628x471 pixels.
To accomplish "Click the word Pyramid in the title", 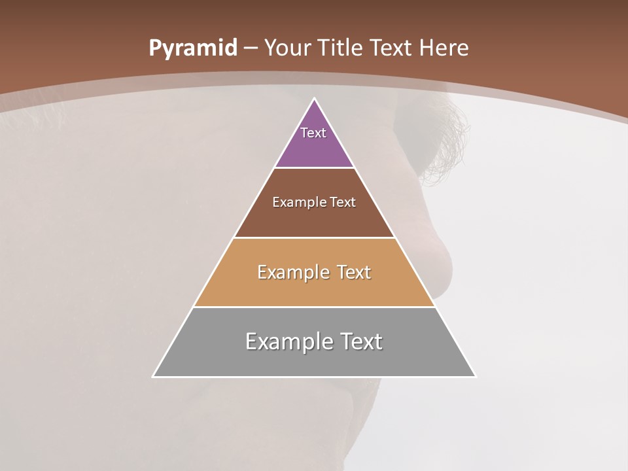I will pos(193,48).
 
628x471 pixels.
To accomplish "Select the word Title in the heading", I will pos(341,48).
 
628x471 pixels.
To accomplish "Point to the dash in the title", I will pos(251,48).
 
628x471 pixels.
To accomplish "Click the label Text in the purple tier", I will pos(313,133).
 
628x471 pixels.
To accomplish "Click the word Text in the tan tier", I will pos(351,272).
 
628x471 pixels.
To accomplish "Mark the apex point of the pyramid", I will pos(315,99).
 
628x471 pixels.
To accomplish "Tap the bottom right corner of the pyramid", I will pos(475,376).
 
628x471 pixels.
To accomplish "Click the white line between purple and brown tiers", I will pos(314,168).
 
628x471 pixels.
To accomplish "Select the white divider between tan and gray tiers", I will pos(314,307).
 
